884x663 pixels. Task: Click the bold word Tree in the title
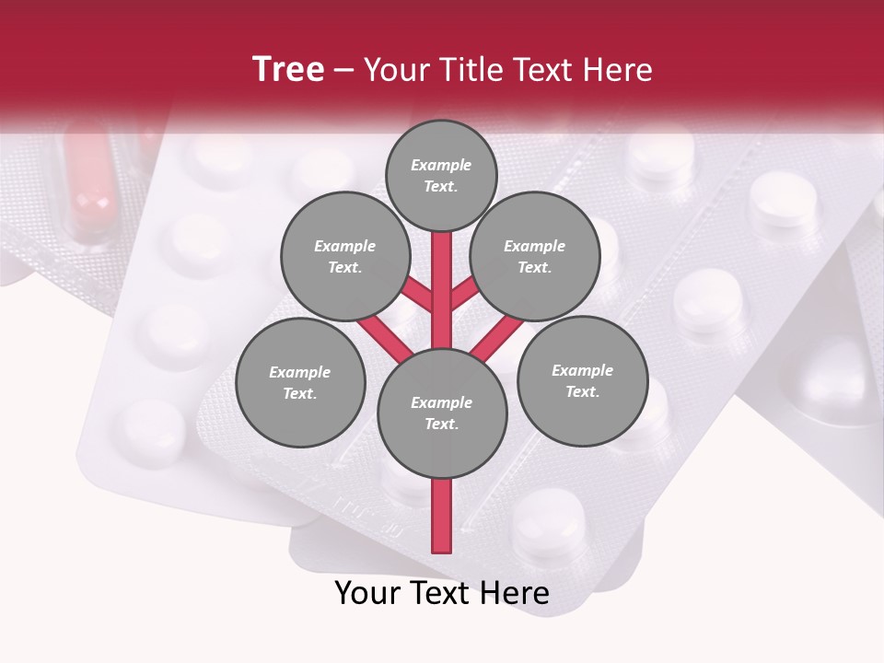tap(288, 69)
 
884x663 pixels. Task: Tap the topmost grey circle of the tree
tap(441, 176)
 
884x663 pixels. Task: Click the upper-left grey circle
tap(344, 257)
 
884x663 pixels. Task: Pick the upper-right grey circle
tap(535, 257)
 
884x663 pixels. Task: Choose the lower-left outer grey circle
tap(300, 383)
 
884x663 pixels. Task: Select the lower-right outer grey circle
tap(583, 381)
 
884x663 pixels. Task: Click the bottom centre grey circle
tap(442, 413)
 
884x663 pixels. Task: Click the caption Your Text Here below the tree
tap(442, 593)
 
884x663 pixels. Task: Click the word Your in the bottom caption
tap(366, 593)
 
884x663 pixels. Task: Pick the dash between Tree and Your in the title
tap(344, 70)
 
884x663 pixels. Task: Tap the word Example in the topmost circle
tap(441, 166)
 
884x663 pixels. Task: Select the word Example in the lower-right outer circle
tap(582, 371)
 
